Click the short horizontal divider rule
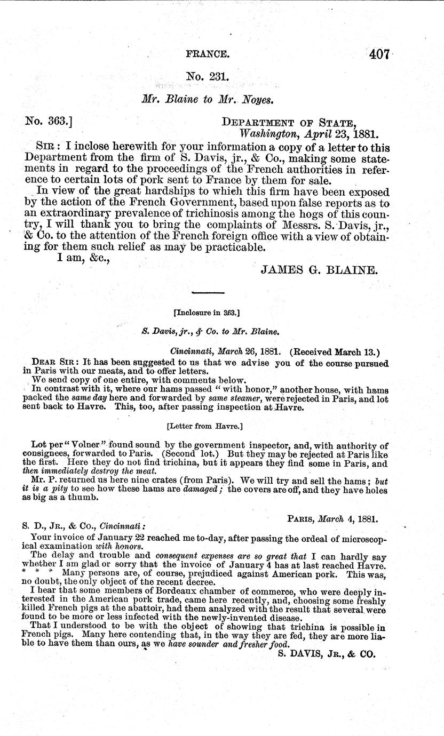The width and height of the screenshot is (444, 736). (x=208, y=292)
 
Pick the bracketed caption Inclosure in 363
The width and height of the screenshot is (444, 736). (x=208, y=311)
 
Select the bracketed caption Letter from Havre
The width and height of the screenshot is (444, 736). (x=208, y=425)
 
